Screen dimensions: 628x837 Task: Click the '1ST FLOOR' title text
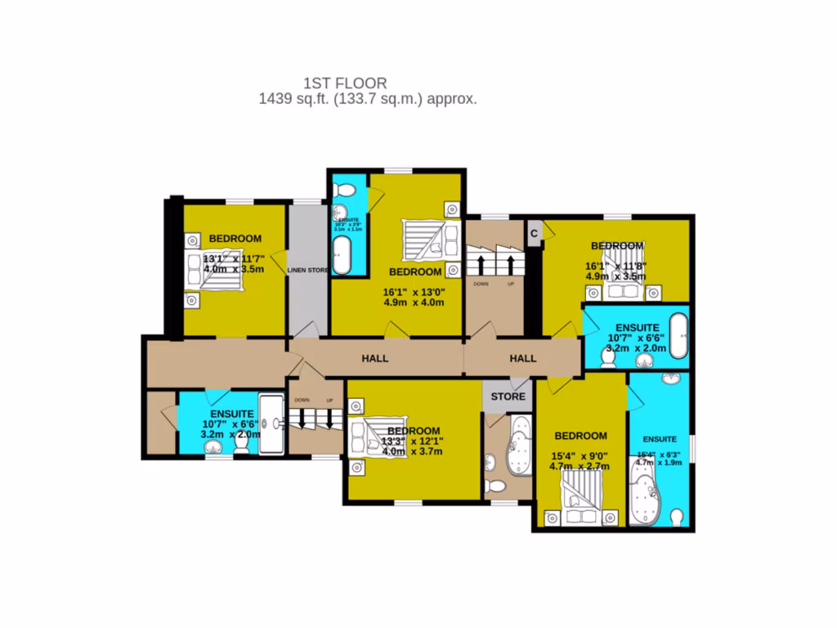click(345, 83)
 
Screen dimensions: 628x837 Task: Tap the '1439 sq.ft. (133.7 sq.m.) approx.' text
click(368, 99)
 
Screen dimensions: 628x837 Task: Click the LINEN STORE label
click(307, 270)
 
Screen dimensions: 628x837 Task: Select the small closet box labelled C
click(534, 233)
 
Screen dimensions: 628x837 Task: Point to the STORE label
click(508, 397)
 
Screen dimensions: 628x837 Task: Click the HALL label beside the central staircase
click(523, 358)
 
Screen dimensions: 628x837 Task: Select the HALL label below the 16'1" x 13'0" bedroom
click(374, 358)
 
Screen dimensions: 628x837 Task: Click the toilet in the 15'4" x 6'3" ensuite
click(676, 518)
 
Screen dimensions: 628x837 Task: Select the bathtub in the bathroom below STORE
click(517, 447)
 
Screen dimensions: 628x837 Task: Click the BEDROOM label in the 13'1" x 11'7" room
click(235, 239)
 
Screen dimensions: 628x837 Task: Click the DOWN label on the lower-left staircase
click(302, 401)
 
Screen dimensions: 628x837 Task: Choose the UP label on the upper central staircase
click(511, 284)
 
